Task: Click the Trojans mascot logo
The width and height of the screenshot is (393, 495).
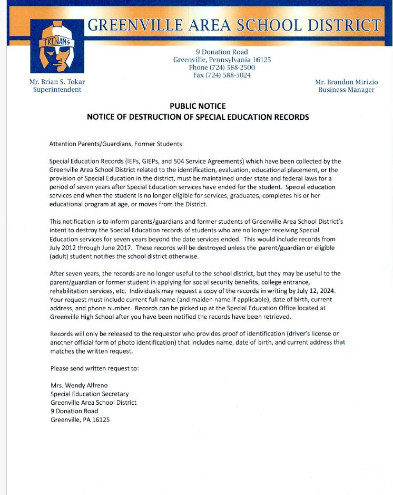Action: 57,46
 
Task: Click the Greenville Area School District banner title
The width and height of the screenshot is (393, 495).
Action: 234,25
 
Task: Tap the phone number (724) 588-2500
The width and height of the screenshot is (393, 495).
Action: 222,68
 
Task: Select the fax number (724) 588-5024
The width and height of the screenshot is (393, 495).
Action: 222,75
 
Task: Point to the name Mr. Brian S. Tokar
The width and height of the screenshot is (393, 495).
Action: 57,82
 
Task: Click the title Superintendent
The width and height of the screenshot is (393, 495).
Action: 57,90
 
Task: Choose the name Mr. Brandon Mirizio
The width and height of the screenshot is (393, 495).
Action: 346,82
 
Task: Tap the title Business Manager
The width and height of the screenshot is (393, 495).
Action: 346,90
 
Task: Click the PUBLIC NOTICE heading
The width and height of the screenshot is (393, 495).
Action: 198,106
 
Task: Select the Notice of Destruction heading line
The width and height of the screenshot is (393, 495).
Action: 198,117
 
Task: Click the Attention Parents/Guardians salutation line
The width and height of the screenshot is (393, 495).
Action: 116,144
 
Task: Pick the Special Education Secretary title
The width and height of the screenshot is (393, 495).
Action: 90,394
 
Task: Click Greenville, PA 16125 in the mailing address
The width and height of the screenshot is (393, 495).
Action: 80,420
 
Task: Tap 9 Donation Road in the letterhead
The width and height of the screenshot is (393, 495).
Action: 222,52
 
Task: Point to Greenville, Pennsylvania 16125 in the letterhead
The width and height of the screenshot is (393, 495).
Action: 222,60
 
